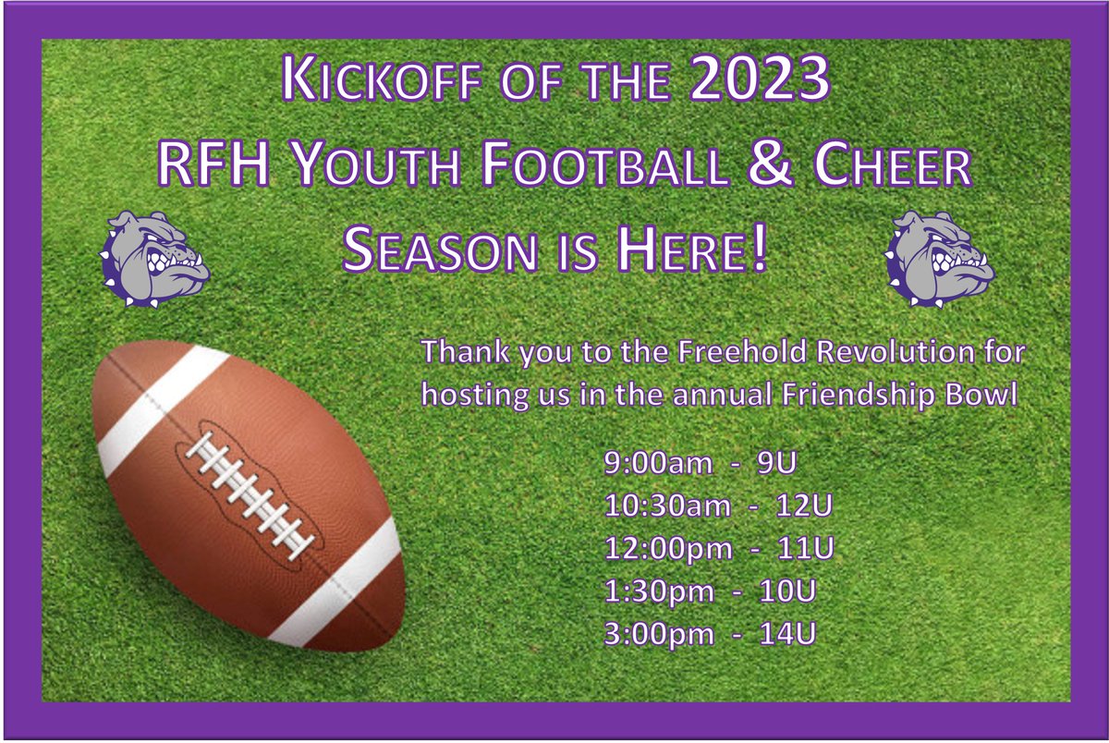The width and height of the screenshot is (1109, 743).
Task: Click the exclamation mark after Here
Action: (759, 251)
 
